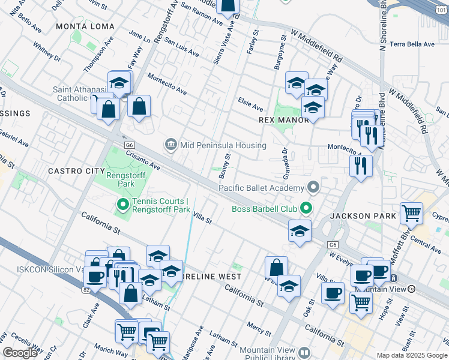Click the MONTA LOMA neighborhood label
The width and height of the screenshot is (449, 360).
pos(80,26)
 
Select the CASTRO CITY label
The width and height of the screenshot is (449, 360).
pos(76,171)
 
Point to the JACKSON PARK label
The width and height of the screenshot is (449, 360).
pos(363,215)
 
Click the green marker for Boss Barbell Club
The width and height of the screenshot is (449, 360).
pos(307,209)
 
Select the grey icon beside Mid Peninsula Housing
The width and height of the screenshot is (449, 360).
pos(171,145)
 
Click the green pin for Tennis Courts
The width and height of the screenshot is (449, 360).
pos(123,205)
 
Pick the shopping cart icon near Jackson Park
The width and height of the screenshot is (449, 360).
pos(411,213)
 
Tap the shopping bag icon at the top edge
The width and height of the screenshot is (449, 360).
pos(228,6)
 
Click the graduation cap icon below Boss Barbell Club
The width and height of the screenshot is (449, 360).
pos(299,231)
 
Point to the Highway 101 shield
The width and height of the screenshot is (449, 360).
pos(442,5)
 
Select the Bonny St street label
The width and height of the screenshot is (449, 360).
pos(225,165)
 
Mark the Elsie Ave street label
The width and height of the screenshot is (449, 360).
pos(250,104)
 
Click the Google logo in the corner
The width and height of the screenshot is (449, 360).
pos(20,353)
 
